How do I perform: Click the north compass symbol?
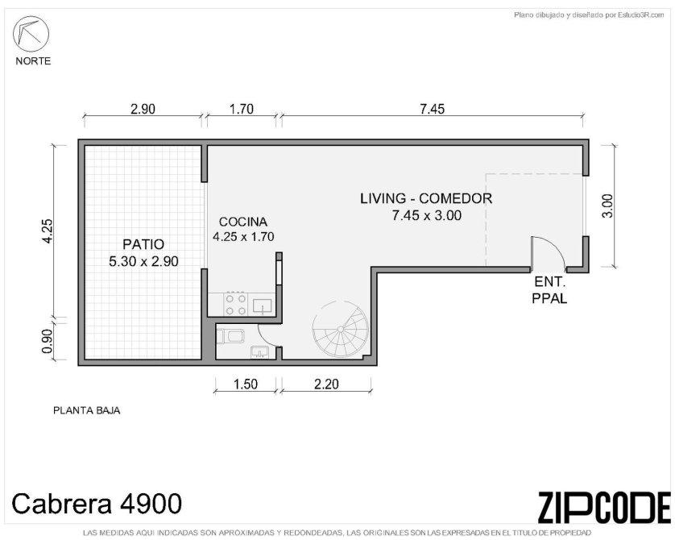tap(31, 35)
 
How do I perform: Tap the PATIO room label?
tap(143, 244)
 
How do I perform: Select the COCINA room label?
tap(243, 222)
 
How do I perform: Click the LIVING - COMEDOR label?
tap(426, 198)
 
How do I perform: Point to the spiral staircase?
tap(340, 330)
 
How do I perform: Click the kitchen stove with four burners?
tap(236, 304)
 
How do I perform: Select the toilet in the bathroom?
tap(230, 336)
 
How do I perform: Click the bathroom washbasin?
tap(259, 352)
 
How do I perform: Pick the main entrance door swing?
tap(549, 254)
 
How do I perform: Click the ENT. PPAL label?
tap(549, 290)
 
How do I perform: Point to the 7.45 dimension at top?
tap(433, 109)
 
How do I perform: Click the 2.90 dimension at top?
tap(143, 109)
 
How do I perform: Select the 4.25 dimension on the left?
tap(47, 231)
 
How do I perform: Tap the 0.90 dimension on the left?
tap(47, 341)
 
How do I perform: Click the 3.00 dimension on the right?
tap(607, 206)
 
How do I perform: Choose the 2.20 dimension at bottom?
tap(326, 384)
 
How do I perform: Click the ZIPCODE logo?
tap(604, 507)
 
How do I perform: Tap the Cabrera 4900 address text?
tap(97, 504)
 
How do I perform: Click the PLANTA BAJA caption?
tap(86, 410)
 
